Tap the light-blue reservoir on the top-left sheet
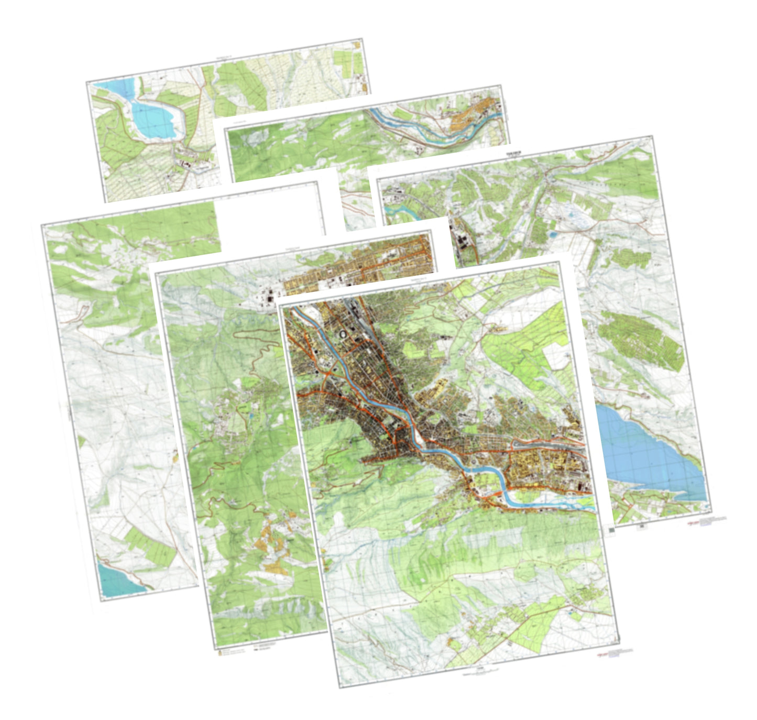(152, 118)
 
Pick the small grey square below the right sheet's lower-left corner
(611, 530)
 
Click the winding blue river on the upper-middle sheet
(419, 134)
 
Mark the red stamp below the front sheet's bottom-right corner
(618, 652)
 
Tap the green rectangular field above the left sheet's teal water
(152, 545)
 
